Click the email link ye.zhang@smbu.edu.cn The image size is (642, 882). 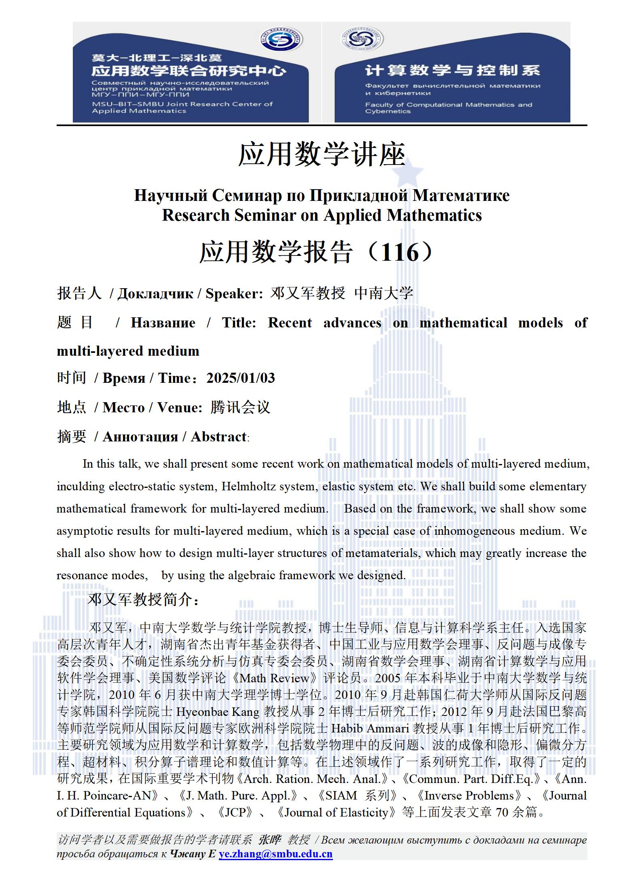(x=275, y=854)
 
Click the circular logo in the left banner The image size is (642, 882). (x=281, y=40)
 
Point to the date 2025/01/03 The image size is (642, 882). (x=241, y=378)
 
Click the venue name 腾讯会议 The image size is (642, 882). (x=240, y=407)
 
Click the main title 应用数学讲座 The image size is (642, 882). (x=322, y=155)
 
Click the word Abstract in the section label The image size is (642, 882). (x=218, y=437)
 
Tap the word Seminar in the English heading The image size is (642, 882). (x=265, y=215)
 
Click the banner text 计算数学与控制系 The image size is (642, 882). (x=452, y=70)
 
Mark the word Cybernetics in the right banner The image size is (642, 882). (x=388, y=112)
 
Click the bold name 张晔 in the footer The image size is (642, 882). (x=270, y=840)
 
